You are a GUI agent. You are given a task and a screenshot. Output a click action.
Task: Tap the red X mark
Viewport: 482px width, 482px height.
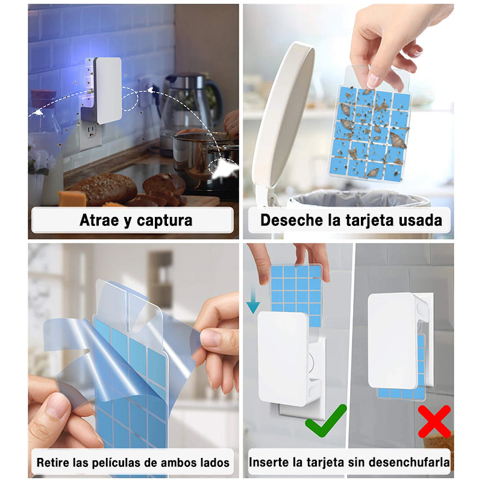[x=434, y=421]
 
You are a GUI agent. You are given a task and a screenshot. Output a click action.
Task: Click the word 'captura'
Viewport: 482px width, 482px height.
[x=164, y=221]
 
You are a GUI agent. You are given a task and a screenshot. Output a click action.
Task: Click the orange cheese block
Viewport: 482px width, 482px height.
[x=72, y=198]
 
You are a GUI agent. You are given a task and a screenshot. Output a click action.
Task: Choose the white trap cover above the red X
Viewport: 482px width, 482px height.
[x=393, y=340]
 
